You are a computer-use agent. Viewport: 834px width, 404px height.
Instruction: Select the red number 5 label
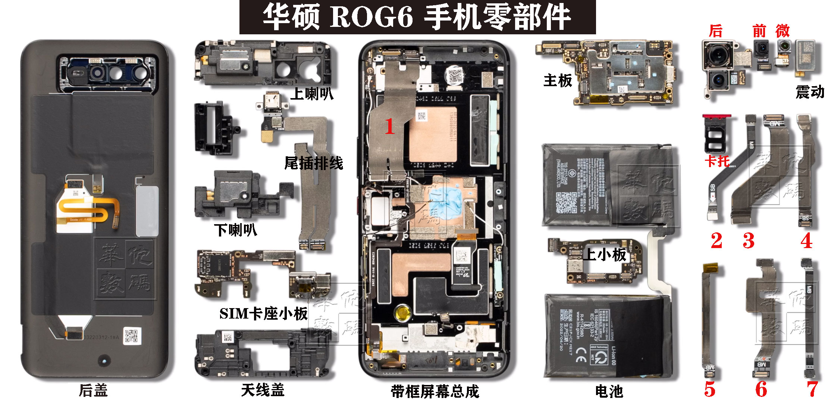coord(710,389)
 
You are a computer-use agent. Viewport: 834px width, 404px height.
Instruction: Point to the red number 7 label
coord(812,389)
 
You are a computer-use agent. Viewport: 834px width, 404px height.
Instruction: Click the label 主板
coord(558,81)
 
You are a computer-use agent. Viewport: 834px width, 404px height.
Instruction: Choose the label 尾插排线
coord(313,163)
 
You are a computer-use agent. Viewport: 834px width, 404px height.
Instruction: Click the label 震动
coord(809,92)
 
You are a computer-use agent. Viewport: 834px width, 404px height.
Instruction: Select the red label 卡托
coord(717,161)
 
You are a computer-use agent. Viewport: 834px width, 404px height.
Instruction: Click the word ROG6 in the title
coord(371,17)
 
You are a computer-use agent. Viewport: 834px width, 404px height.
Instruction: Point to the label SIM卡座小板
coord(263,314)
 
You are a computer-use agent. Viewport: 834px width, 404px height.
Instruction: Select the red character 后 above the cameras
coord(715,31)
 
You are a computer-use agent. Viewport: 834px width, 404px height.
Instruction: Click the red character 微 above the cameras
coord(783,31)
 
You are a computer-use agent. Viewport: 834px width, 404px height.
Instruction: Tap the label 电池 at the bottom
coord(609,391)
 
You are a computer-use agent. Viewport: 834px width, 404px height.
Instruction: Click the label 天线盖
coord(263,390)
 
